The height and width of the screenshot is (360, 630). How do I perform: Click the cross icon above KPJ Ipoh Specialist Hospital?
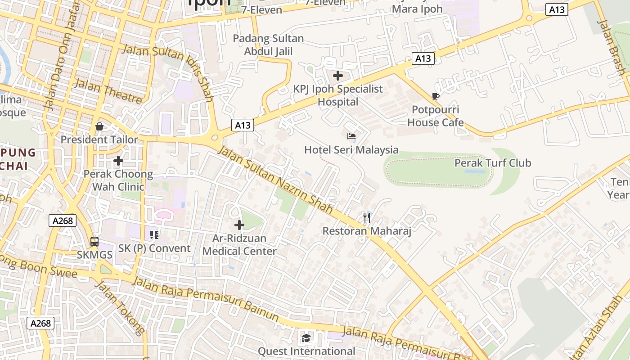click(338, 76)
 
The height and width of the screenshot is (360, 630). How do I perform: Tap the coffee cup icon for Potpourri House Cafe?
click(435, 96)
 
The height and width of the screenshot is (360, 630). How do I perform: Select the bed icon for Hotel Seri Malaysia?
click(351, 136)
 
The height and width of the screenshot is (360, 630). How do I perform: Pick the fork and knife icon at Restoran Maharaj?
click(367, 218)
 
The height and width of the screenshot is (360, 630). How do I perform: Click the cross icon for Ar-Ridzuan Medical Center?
click(239, 225)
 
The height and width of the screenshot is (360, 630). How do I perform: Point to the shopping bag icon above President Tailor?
click(99, 126)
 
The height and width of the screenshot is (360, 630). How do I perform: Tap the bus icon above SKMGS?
click(94, 242)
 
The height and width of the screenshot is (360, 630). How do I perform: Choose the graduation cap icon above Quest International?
click(306, 338)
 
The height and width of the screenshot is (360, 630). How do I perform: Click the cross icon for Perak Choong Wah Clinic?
click(118, 160)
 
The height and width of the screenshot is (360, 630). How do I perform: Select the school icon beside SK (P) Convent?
click(154, 234)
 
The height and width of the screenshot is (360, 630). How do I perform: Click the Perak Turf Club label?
click(493, 163)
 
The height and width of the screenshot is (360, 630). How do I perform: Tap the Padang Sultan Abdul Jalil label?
click(268, 45)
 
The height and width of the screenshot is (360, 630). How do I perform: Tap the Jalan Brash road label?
click(611, 47)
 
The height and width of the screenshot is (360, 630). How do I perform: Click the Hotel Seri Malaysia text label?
click(351, 150)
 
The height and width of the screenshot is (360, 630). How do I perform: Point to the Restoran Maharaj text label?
click(367, 231)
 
